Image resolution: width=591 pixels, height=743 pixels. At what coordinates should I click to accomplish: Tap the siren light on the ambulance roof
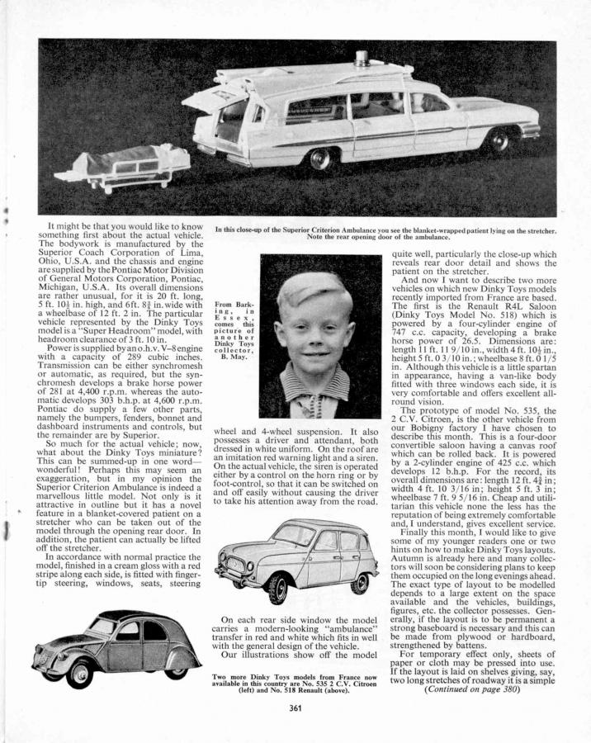tap(362, 59)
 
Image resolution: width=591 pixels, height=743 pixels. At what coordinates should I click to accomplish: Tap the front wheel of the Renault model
tap(275, 587)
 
